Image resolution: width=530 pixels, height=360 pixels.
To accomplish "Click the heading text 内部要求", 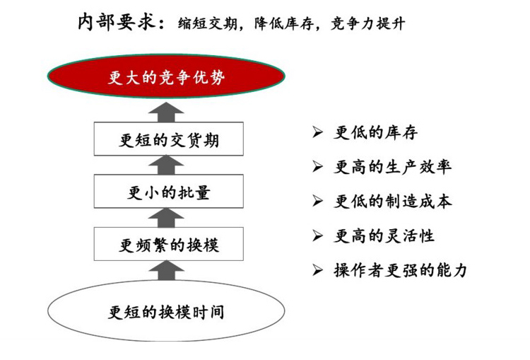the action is (117, 22).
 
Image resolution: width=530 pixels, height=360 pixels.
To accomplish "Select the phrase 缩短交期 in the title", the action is (207, 23).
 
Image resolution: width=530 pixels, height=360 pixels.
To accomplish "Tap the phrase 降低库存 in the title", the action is (284, 23).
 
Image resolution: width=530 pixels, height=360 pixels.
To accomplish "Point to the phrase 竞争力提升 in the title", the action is (367, 23).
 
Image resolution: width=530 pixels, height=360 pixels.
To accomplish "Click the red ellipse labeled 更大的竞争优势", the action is (166, 76).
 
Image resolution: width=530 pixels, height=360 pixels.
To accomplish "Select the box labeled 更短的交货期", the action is (169, 139).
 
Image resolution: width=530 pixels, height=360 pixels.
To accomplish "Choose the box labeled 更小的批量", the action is (169, 191).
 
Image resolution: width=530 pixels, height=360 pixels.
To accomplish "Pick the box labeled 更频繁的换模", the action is (169, 244).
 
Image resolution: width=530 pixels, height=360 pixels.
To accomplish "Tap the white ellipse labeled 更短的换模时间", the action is (166, 310).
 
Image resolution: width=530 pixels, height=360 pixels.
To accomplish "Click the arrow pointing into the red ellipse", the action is (166, 112).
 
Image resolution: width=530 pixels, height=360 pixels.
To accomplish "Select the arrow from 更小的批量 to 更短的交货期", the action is (166, 165).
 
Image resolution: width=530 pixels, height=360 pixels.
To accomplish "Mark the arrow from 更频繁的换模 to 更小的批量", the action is (166, 218).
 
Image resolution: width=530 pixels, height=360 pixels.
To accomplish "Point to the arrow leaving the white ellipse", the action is (166, 270).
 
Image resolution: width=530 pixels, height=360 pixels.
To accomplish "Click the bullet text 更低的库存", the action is (375, 132).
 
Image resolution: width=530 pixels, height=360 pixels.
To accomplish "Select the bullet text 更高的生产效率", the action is (392, 167).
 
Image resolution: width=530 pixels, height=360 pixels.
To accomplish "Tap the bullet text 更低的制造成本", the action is (392, 202).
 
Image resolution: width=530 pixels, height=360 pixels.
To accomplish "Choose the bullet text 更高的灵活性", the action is (384, 236).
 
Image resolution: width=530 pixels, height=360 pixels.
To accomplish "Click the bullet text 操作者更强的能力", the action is (401, 270).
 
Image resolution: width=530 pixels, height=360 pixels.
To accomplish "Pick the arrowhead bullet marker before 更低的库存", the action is (318, 132).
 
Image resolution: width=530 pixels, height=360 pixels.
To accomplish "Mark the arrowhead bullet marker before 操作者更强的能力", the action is (318, 270).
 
